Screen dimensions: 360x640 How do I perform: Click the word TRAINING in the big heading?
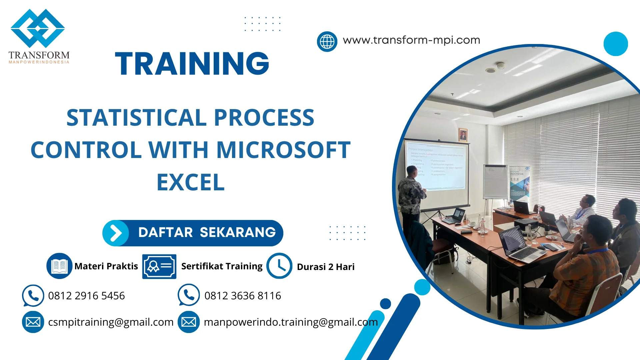pyautogui.click(x=192, y=64)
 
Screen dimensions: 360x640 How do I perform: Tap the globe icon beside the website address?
pyautogui.click(x=327, y=42)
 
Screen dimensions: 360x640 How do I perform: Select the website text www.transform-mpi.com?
pyautogui.click(x=411, y=40)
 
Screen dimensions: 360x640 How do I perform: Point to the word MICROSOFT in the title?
pyautogui.click(x=283, y=150)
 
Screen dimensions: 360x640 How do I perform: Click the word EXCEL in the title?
pyautogui.click(x=191, y=182)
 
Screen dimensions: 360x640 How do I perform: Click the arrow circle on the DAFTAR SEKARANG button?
pyautogui.click(x=116, y=233)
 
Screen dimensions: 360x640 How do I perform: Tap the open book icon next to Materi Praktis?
pyautogui.click(x=59, y=266)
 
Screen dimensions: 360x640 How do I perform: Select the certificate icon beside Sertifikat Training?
pyautogui.click(x=159, y=266)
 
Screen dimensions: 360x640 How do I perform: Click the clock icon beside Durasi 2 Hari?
pyautogui.click(x=279, y=266)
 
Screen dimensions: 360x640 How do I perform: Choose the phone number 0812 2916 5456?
pyautogui.click(x=86, y=296)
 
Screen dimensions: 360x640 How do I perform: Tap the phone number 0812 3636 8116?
pyautogui.click(x=243, y=296)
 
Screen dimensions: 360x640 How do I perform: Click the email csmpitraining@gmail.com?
pyautogui.click(x=111, y=322)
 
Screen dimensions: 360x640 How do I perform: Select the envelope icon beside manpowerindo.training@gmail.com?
pyautogui.click(x=189, y=322)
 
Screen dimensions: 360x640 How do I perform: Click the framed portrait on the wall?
pyautogui.click(x=463, y=135)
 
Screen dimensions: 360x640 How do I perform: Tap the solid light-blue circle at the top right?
pyautogui.click(x=615, y=44)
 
